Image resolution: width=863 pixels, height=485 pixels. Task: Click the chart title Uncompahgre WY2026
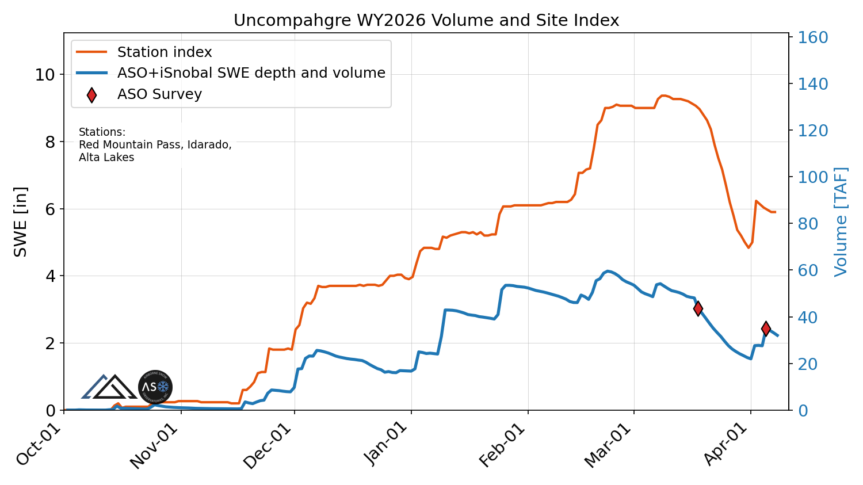point(426,21)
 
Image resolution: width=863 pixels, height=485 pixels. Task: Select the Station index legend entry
point(164,52)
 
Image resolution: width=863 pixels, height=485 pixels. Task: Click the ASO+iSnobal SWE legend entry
point(251,73)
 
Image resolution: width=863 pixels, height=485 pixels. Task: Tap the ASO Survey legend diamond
point(91,95)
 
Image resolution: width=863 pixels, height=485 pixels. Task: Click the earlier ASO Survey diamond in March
point(698,308)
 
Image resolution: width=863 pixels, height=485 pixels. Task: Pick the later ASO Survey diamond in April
point(766,329)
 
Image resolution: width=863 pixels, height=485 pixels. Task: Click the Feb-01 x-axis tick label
point(503,446)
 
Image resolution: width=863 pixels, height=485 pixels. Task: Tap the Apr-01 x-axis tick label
point(727,446)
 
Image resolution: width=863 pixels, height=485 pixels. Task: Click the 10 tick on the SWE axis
point(45,75)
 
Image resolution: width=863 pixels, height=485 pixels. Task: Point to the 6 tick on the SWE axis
point(50,209)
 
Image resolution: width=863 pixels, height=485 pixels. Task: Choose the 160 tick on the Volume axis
point(812,38)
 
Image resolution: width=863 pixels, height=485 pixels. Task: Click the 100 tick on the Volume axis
point(812,177)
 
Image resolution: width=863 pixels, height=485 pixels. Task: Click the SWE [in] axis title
point(21,222)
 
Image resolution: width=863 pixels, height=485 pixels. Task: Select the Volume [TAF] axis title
point(841,222)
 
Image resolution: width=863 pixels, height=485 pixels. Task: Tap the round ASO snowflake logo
point(155,387)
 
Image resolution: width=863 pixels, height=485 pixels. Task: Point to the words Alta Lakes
point(106,158)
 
